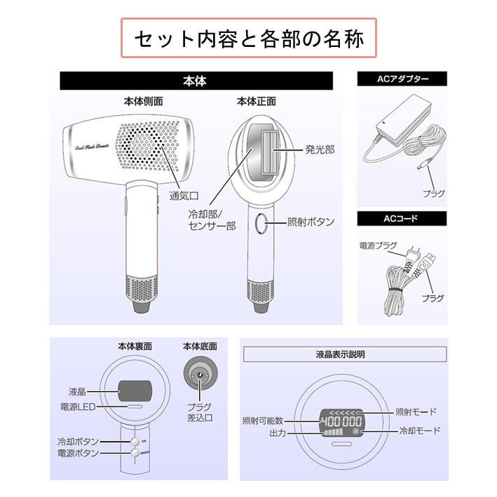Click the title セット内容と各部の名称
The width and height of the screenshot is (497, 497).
249,38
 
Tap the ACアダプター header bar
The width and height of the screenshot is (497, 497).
402,79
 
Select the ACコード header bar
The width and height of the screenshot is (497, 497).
402,219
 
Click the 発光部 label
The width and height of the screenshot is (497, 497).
320,149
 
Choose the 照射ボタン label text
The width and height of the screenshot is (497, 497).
311,222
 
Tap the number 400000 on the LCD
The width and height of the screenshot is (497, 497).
341,421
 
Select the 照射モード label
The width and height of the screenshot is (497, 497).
416,411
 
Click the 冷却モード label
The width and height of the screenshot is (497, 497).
419,430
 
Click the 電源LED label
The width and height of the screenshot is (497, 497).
77,406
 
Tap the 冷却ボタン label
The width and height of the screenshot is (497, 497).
78,442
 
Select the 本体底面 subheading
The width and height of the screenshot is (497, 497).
200,346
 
